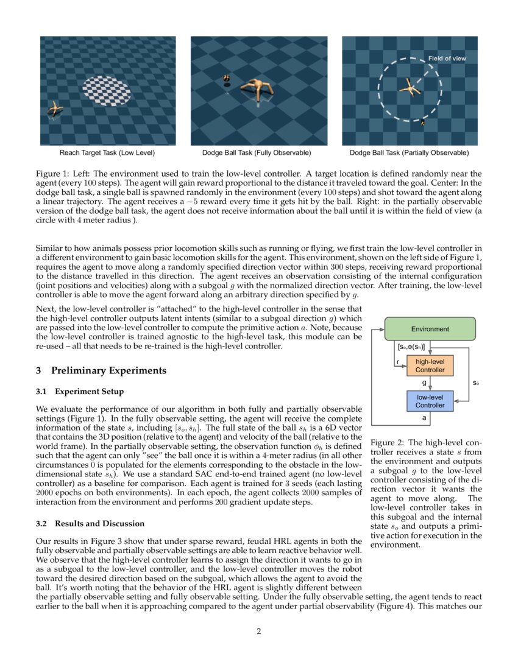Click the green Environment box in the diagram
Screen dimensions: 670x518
430,329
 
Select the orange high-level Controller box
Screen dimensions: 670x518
430,365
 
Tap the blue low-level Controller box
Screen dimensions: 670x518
430,401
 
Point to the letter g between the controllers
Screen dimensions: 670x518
424,383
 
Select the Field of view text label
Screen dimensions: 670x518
447,58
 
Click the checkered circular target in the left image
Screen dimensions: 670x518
107,90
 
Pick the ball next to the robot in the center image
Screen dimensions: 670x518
226,79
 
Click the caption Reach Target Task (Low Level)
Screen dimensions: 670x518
107,152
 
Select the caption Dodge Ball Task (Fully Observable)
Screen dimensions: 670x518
257,152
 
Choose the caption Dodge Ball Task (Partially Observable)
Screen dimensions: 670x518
409,152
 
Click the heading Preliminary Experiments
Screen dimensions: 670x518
108,370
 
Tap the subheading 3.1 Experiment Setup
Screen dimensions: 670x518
79,391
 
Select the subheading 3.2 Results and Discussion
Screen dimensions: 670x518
90,523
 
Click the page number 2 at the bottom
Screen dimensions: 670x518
258,631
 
